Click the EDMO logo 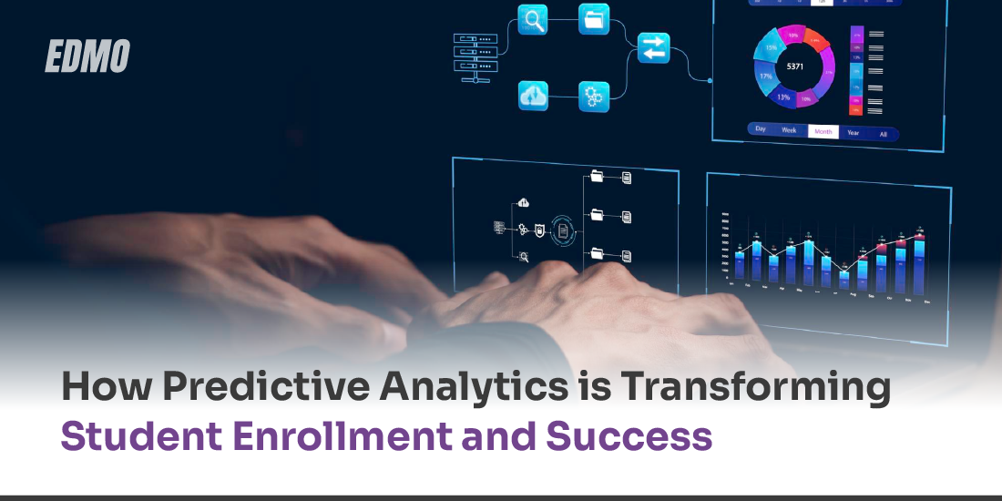87,56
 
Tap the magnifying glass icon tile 533,20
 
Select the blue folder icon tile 594,19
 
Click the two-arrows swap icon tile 653,48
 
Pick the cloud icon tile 533,96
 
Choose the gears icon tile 594,96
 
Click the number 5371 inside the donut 794,66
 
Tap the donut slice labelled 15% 771,47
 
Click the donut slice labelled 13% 782,96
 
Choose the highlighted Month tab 823,132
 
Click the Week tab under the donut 789,130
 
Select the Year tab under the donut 853,133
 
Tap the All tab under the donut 882,134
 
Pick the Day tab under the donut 761,128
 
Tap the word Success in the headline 629,437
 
